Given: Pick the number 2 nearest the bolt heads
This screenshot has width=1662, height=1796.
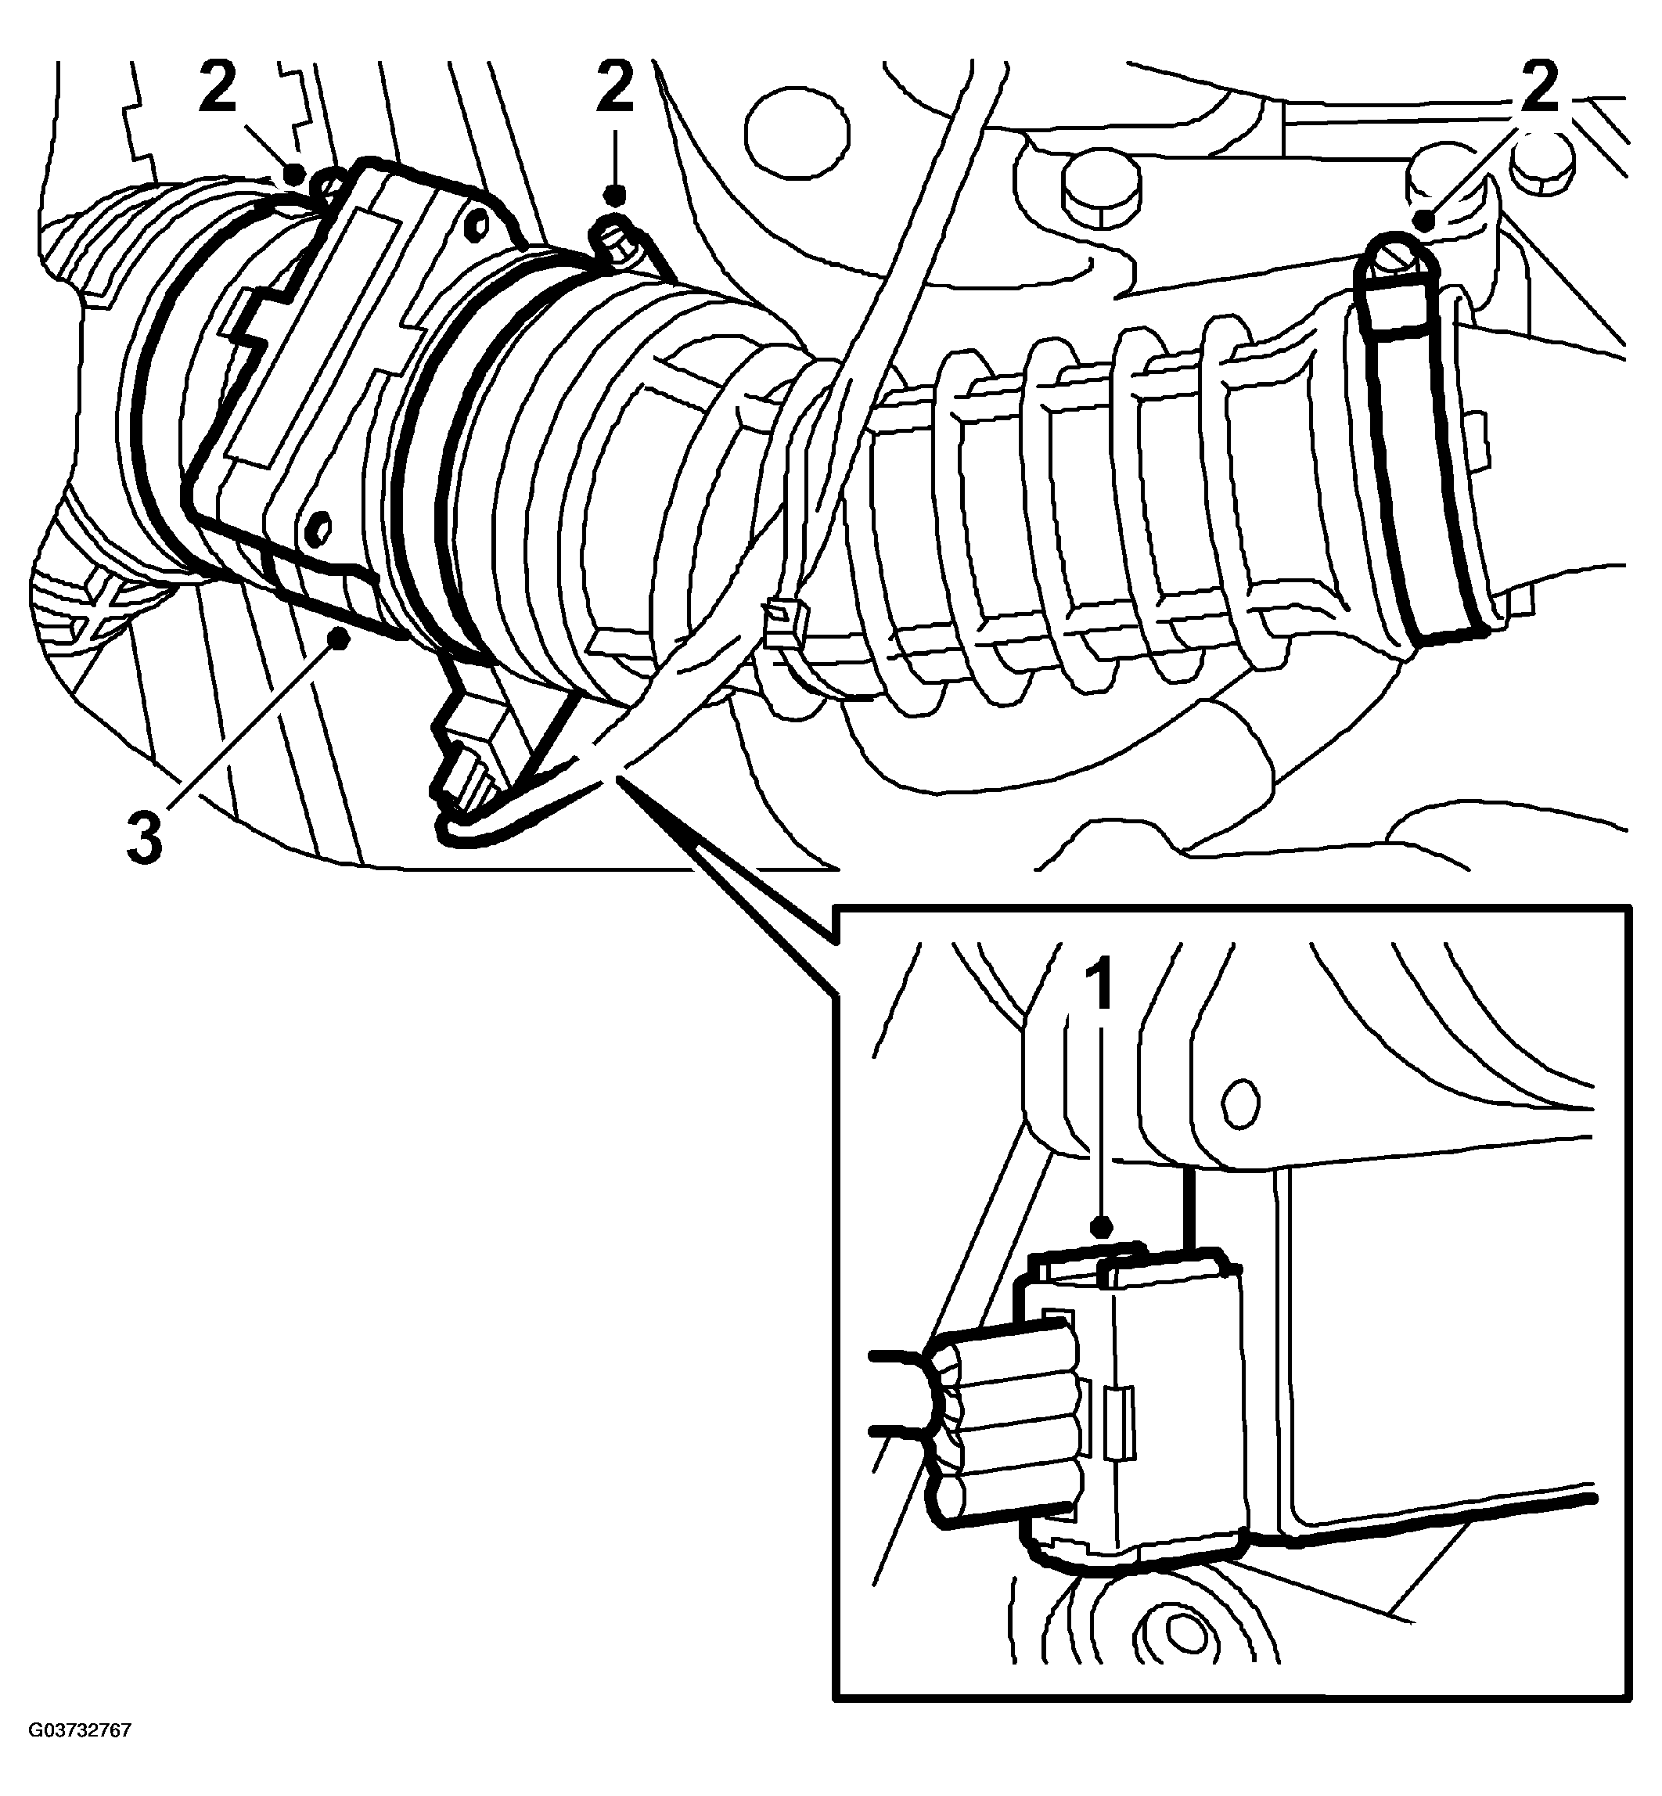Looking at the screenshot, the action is (1539, 86).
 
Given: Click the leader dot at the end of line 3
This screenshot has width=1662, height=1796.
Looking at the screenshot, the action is (339, 638).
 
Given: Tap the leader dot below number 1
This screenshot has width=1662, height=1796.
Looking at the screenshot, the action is (1103, 1227).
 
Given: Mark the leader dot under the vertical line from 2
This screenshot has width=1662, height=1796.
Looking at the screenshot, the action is (615, 194).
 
